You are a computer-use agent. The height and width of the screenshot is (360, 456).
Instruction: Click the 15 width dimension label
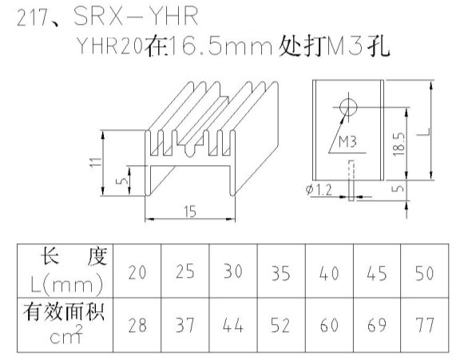coord(190,212)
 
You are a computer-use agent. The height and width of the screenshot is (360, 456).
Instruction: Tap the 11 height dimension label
coord(96,162)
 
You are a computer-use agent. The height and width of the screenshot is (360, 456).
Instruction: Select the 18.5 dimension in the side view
coord(399,144)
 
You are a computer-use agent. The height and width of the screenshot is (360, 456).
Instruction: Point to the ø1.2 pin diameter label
coord(319,190)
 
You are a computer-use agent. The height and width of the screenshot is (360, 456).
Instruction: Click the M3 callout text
coord(348,142)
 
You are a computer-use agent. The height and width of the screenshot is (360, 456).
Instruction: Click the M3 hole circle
coord(348,107)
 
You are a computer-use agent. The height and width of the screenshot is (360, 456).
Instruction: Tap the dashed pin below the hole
coord(351,180)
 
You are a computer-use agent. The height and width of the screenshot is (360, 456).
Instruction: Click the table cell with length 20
coord(137,272)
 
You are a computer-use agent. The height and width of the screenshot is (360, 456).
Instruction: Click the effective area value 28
coord(137,325)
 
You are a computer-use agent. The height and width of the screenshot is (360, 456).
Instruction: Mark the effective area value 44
coord(233,325)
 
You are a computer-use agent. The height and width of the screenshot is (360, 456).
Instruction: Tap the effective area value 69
coord(377,325)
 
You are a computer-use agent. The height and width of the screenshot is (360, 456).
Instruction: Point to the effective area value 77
coord(425,325)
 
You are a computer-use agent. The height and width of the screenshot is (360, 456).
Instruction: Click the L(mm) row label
coord(66,284)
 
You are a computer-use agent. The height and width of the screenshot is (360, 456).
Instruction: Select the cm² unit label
coord(66,334)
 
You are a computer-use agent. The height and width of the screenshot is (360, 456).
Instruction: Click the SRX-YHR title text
coord(136,16)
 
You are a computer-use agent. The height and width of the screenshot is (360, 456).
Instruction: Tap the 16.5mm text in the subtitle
coord(220,46)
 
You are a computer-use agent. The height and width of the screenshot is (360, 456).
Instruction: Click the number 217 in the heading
coord(32,18)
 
